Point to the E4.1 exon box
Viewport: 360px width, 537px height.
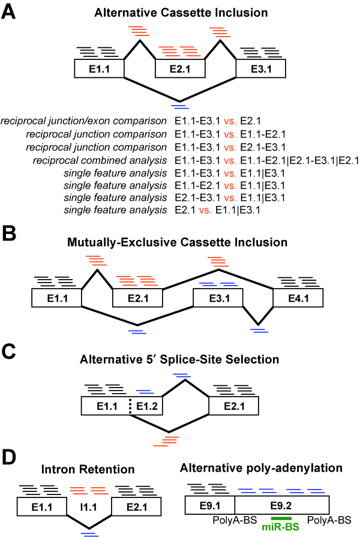[x=298, y=297]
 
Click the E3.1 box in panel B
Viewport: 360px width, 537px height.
[x=218, y=297]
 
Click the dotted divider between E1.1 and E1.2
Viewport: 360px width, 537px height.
[x=130, y=406]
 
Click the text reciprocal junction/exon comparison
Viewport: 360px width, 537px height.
[x=84, y=121]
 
